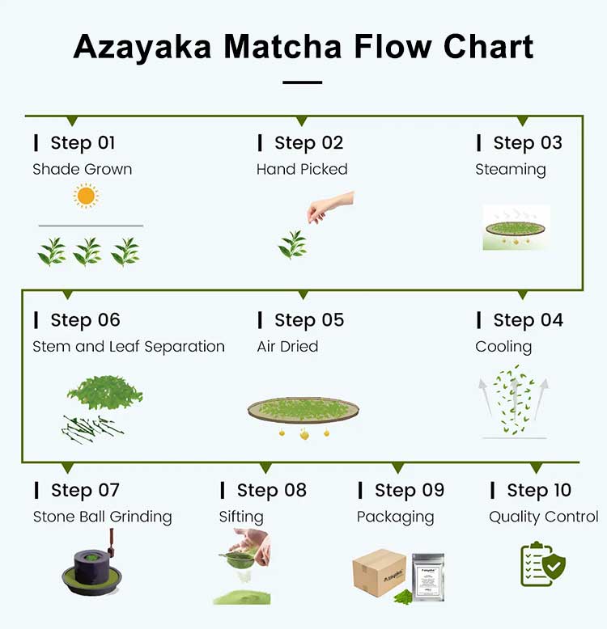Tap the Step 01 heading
pos(83,143)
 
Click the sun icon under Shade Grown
pos(85,196)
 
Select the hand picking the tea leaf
pos(330,205)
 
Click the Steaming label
pos(510,170)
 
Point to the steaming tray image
pos(516,227)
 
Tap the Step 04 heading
pos(528,320)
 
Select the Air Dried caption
pos(287,347)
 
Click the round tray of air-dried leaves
pos(303,409)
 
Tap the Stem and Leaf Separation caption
pos(129,347)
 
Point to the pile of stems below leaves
pos(91,428)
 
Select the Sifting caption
pos(241,517)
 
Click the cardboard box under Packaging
pos(379,572)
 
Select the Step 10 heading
pos(538,491)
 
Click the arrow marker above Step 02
pos(301,121)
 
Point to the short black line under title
pos(303,82)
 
